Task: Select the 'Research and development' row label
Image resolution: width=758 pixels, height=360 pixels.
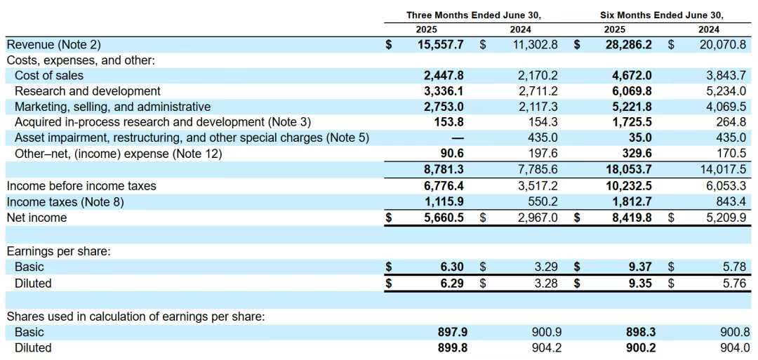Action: click(87, 91)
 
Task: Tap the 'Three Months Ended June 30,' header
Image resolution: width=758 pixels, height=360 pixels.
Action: click(474, 15)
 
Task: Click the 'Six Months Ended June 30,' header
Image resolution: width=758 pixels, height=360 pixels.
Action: click(661, 15)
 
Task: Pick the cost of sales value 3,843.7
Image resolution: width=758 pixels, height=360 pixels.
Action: click(726, 76)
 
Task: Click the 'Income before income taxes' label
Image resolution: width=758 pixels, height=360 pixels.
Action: click(81, 186)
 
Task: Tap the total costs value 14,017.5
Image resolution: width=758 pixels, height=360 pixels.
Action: click(723, 169)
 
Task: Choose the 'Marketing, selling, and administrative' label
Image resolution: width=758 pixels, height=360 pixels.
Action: click(112, 107)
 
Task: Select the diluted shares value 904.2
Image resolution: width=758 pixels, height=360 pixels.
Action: click(547, 347)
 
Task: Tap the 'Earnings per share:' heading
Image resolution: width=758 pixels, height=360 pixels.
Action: click(58, 251)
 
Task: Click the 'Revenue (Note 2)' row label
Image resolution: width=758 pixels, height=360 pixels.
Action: click(53, 44)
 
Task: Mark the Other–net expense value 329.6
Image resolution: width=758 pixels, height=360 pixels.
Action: click(637, 154)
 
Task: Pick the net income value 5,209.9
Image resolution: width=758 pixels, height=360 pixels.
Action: click(726, 218)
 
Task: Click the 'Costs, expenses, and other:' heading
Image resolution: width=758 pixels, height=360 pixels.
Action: click(81, 60)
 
